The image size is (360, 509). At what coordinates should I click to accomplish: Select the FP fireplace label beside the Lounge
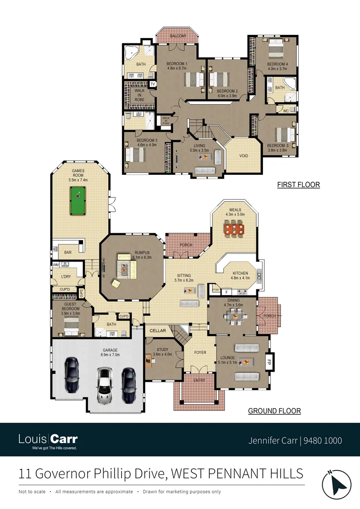270,363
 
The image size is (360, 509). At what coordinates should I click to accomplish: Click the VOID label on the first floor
244,156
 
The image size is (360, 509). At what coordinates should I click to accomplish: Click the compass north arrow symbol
337,482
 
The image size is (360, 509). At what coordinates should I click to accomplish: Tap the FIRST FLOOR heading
298,185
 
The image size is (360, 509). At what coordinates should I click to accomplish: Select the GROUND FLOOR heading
274,411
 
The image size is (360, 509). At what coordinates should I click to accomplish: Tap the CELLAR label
158,331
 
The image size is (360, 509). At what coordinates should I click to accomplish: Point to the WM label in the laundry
56,265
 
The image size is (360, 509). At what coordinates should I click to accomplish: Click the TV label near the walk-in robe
152,84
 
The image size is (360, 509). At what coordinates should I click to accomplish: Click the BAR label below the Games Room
68,253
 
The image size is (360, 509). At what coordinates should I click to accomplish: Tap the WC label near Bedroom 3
286,111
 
